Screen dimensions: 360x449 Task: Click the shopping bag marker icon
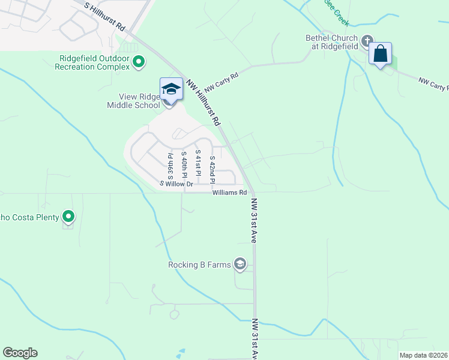click(x=381, y=53)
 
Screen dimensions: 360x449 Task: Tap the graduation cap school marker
click(x=171, y=90)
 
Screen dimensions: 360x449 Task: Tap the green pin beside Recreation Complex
click(x=139, y=61)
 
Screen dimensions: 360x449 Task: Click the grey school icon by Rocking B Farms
click(x=240, y=264)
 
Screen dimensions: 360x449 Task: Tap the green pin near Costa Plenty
click(x=69, y=217)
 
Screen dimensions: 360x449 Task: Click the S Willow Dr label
click(x=176, y=184)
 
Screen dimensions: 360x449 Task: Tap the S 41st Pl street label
click(x=198, y=163)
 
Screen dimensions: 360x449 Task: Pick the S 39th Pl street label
click(x=170, y=166)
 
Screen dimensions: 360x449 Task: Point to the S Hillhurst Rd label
click(x=105, y=17)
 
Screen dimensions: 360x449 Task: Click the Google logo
click(x=20, y=353)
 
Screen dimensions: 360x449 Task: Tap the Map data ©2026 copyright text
click(x=424, y=355)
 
